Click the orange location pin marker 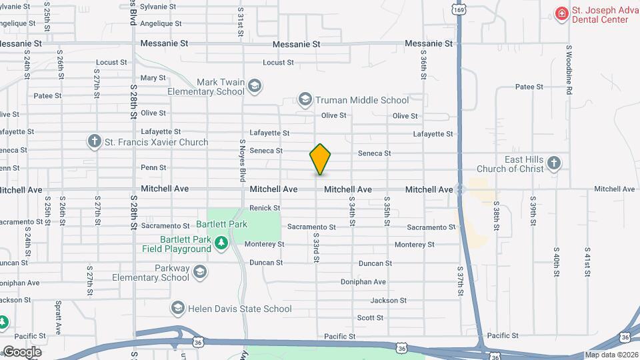(x=321, y=159)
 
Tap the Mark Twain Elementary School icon (x=255, y=85)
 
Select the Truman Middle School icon (x=305, y=100)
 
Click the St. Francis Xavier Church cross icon (x=95, y=141)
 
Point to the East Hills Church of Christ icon (x=553, y=163)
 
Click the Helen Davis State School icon (x=177, y=308)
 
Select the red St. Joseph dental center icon (x=562, y=13)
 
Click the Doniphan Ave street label (x=363, y=282)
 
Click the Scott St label (x=370, y=318)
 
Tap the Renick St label (x=265, y=208)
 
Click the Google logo (x=21, y=352)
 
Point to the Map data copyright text (x=611, y=355)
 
